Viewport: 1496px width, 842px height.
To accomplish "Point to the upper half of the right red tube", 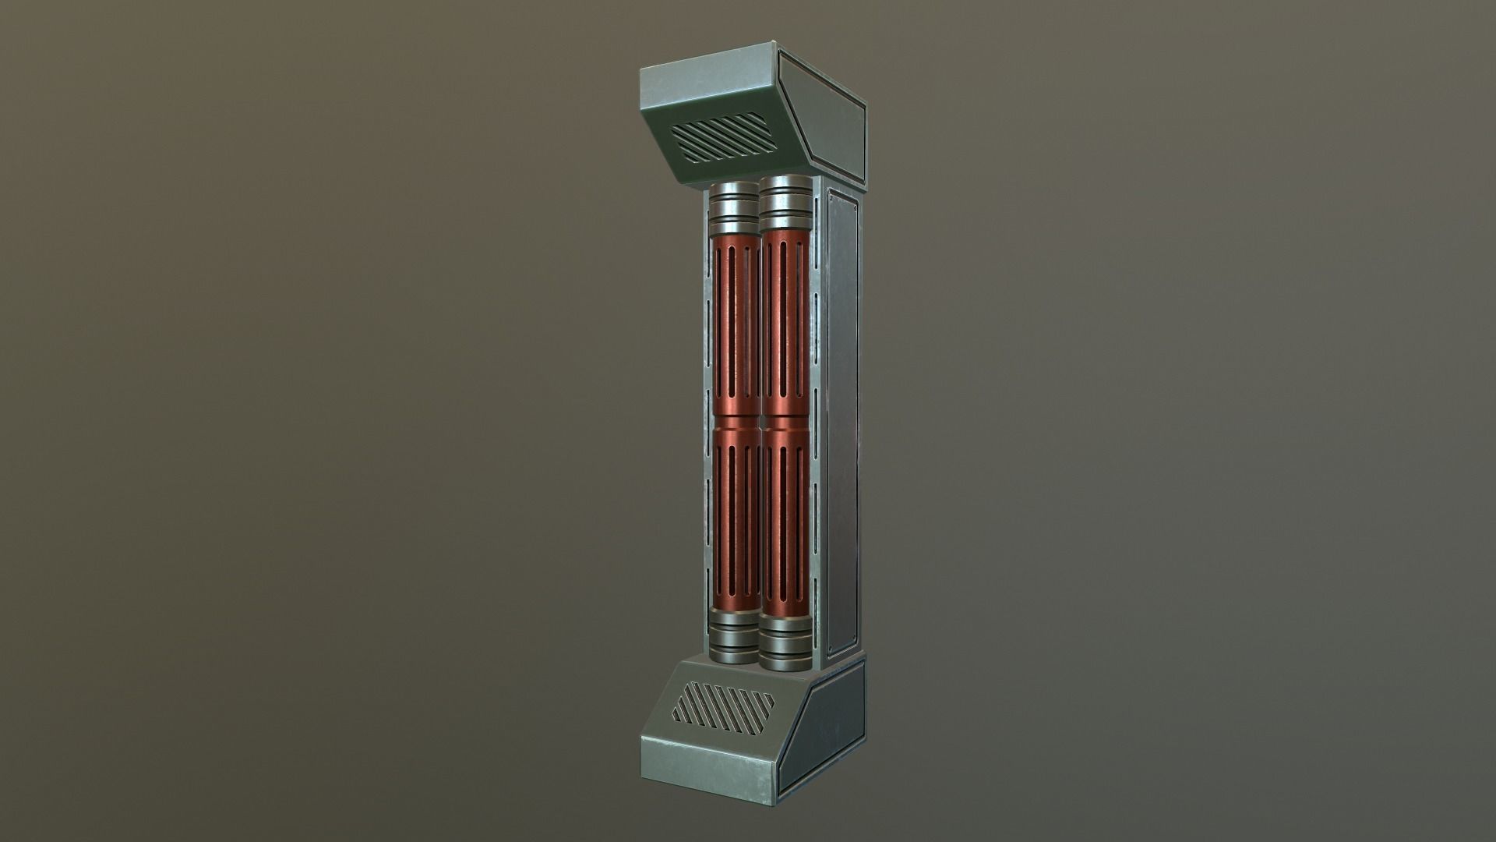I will coord(783,327).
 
